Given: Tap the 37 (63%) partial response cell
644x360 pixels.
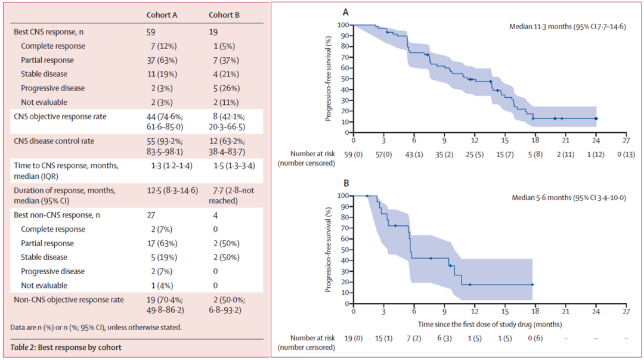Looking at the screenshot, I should (x=164, y=60).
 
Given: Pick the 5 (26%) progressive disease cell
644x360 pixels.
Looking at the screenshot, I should (x=225, y=88).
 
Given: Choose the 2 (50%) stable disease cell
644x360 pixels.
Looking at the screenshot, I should (x=225, y=257).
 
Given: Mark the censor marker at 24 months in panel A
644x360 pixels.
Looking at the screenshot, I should (x=596, y=119).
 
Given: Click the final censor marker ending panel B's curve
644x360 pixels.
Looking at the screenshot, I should (x=532, y=285).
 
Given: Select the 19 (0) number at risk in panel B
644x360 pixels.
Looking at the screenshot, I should (x=354, y=339).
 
